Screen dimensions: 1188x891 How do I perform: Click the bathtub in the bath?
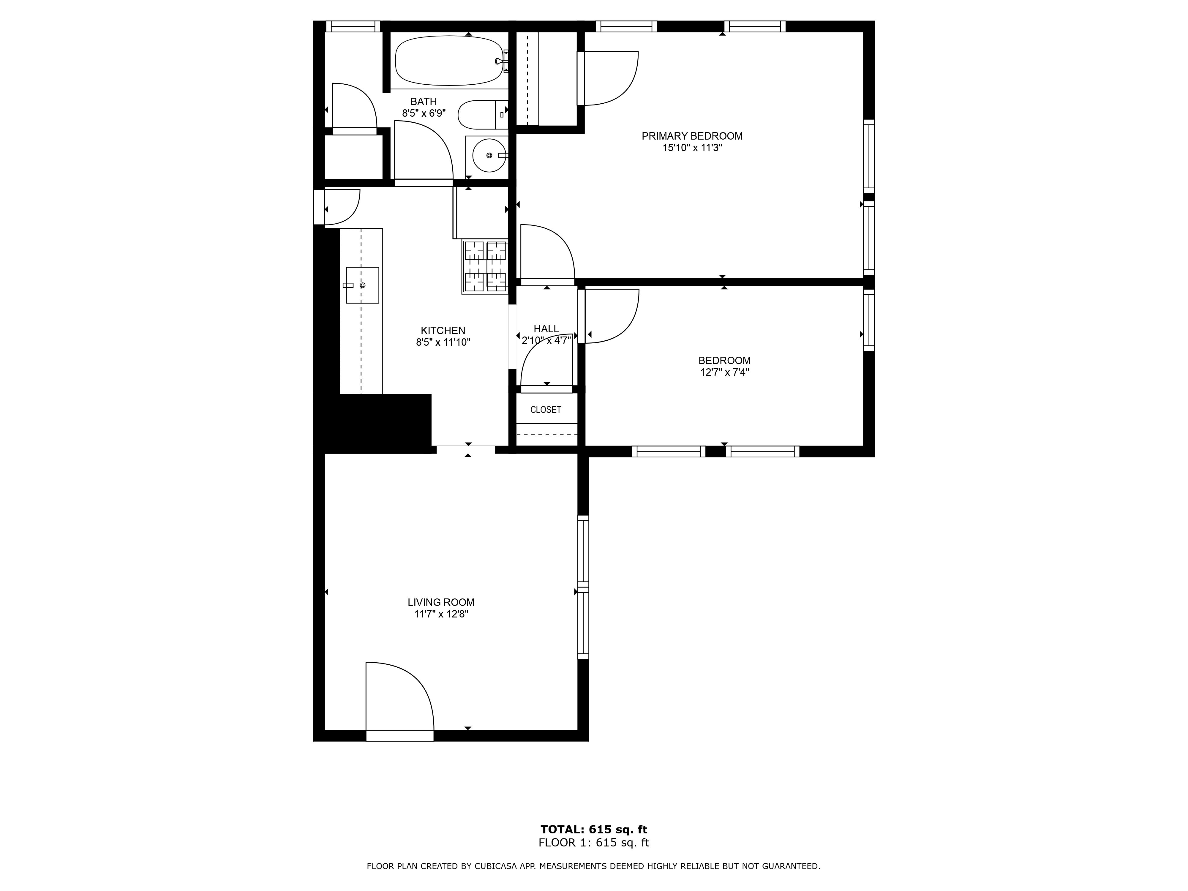449,61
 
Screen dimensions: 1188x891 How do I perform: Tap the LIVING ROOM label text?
441,603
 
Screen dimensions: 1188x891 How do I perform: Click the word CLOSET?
546,410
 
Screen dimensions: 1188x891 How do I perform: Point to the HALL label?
546,329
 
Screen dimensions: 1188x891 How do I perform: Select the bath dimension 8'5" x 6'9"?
424,113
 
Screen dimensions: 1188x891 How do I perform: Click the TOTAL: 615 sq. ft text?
594,830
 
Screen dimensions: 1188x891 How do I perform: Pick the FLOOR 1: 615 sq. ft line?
594,843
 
